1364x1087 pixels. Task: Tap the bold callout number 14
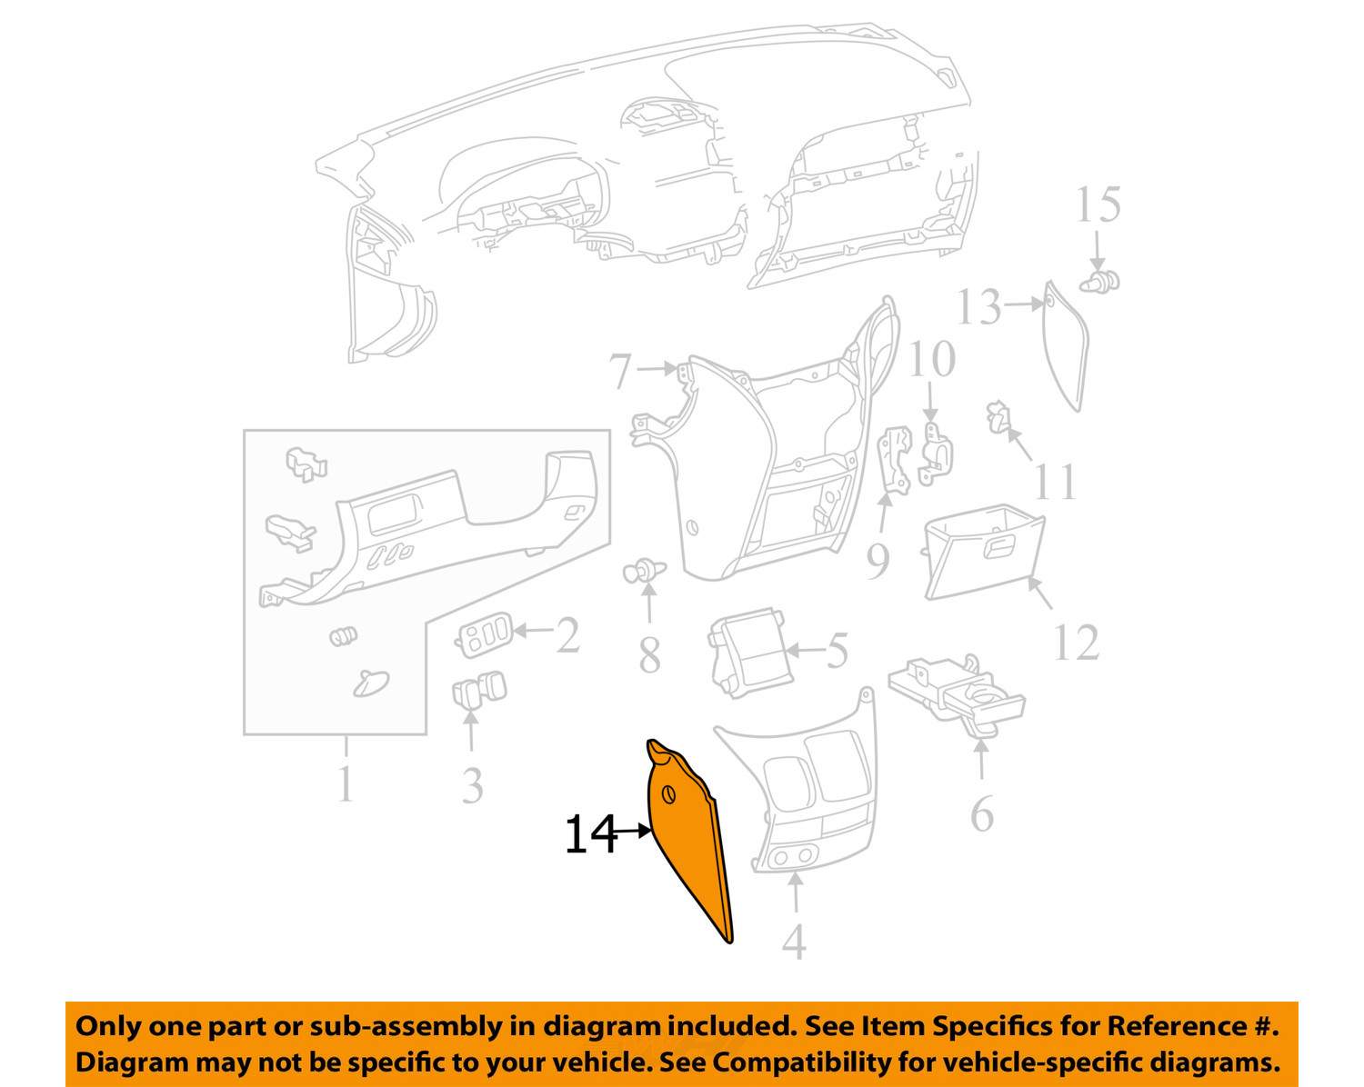pos(590,834)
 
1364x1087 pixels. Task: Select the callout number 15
pos(1098,205)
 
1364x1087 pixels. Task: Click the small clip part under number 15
pos(1101,281)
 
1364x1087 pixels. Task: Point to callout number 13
pos(978,307)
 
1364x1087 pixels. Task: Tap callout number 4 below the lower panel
pos(794,942)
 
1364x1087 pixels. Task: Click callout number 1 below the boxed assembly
pos(345,783)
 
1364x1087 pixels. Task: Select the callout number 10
pos(932,360)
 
